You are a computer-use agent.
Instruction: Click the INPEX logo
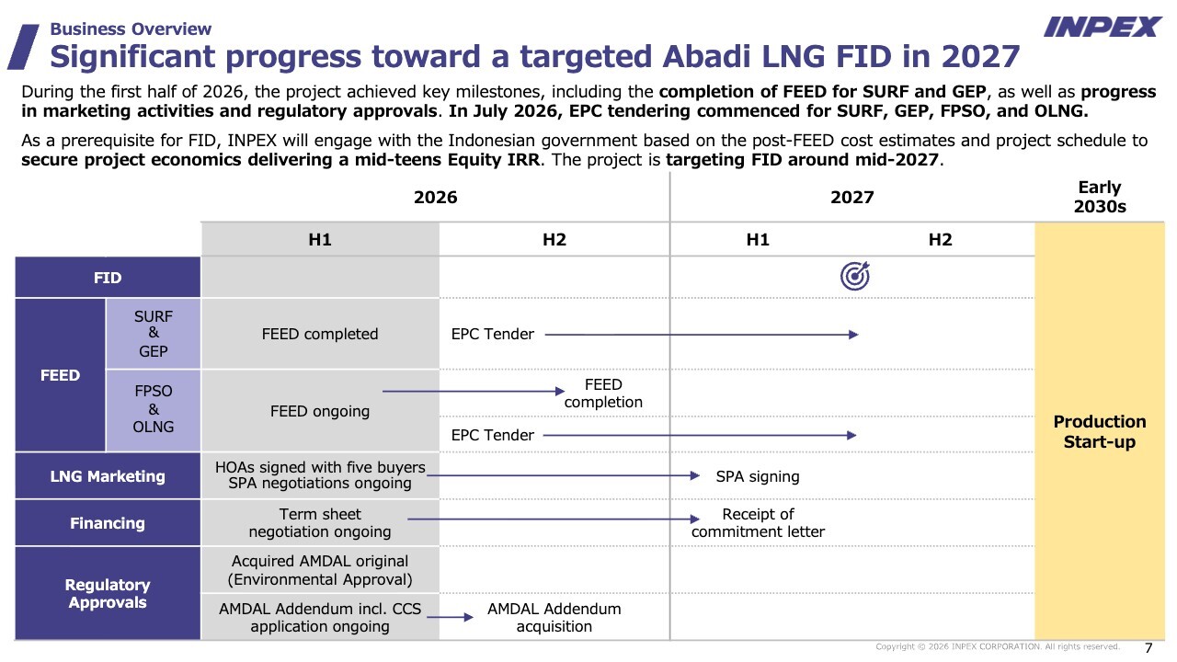1103,27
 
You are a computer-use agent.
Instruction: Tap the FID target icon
855,276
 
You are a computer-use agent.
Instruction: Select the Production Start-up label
1100,431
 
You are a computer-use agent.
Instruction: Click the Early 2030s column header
1100,197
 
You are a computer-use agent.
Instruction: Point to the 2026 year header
436,197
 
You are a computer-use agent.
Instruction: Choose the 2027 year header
851,197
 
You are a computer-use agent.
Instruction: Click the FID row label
108,278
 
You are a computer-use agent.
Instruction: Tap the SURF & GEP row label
153,334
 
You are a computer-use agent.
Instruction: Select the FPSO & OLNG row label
153,409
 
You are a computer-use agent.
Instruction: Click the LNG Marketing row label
108,476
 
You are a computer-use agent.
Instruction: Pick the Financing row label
108,523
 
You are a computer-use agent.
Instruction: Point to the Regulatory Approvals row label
108,593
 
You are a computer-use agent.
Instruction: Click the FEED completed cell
320,334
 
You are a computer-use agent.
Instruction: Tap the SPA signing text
758,476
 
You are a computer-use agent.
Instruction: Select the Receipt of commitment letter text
758,523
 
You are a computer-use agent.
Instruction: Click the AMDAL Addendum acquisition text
554,617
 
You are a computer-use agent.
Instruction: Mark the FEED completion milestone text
603,393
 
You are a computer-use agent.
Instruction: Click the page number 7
1148,648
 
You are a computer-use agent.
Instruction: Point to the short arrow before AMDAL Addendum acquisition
450,617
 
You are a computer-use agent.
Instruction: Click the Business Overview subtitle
131,29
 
